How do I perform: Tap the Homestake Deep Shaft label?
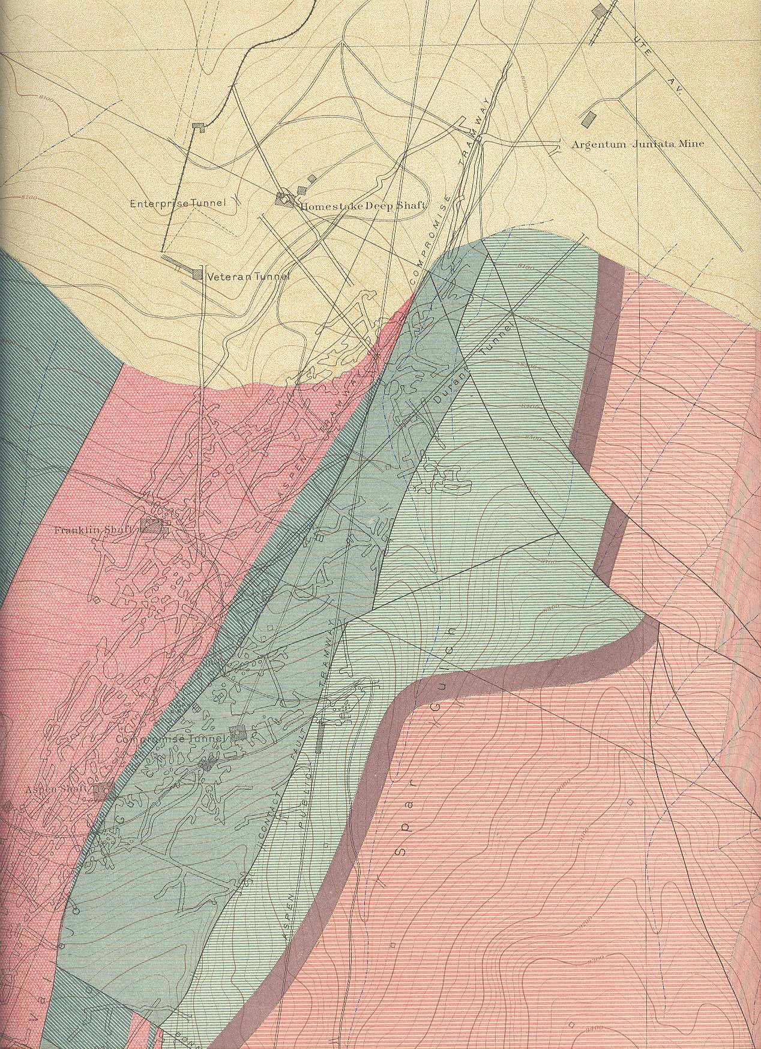point(364,206)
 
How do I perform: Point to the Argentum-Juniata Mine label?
point(637,144)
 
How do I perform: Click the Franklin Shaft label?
point(97,531)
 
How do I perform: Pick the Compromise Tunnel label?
point(172,739)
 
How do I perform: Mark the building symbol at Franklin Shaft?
point(152,526)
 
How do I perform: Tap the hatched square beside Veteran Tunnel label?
point(197,275)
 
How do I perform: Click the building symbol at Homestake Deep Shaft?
point(282,200)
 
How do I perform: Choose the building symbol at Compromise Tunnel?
point(239,733)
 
